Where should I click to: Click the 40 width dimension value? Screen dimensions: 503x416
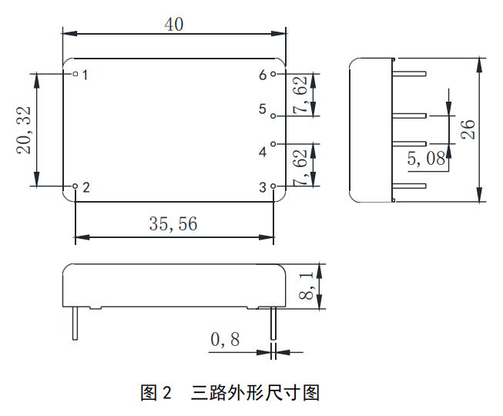[174, 25]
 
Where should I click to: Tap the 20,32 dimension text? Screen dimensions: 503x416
[24, 130]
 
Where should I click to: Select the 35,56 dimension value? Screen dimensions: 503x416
[173, 223]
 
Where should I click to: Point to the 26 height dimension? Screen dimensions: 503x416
[468, 129]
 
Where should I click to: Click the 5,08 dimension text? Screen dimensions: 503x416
[426, 158]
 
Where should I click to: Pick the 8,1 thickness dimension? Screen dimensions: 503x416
[307, 286]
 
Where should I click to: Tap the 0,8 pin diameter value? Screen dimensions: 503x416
[225, 339]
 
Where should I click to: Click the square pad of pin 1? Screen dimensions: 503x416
[75, 74]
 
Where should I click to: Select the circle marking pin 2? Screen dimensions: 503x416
[75, 186]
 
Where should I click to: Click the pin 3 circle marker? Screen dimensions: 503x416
[273, 186]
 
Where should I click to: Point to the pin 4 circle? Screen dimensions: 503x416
[273, 144]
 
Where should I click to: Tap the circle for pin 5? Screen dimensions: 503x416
[273, 116]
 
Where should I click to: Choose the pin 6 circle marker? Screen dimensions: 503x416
[273, 74]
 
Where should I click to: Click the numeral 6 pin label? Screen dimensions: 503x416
[263, 75]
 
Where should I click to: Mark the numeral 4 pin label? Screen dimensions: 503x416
[263, 152]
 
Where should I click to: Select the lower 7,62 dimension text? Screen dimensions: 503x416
[300, 168]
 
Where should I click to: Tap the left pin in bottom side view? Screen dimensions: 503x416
[75, 323]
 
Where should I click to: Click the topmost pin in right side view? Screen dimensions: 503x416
[409, 74]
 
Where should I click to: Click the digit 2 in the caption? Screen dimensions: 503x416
[167, 392]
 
